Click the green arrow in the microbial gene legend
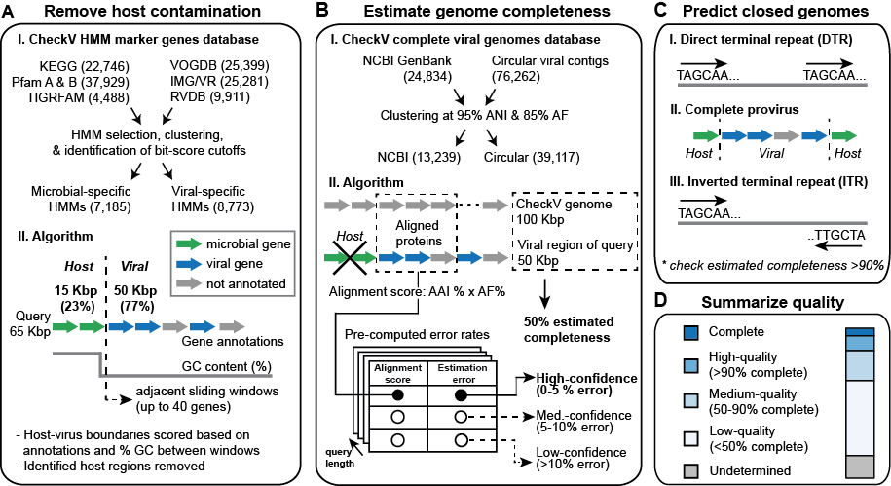(x=188, y=243)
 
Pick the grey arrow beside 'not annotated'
(x=188, y=282)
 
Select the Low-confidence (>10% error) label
(x=569, y=459)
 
